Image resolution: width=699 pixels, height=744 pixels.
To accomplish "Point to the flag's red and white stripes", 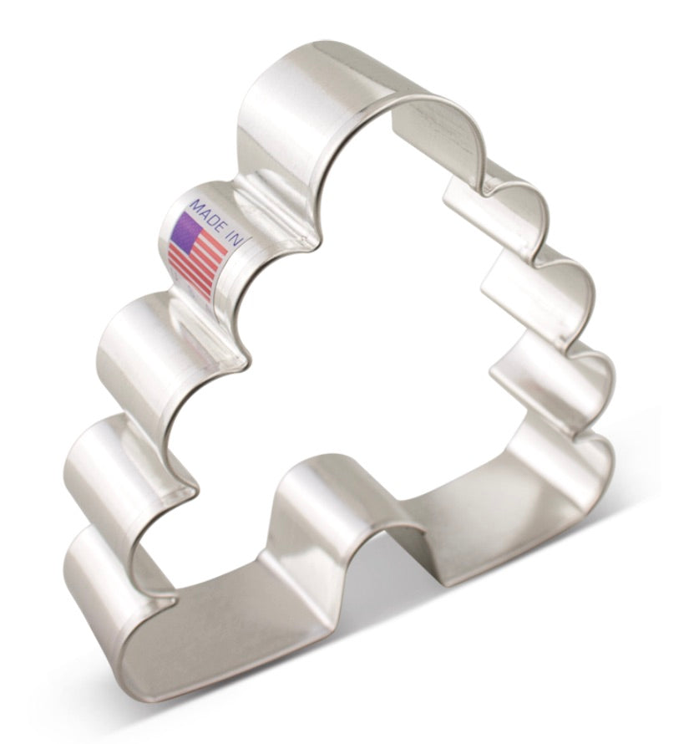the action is [199, 263].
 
